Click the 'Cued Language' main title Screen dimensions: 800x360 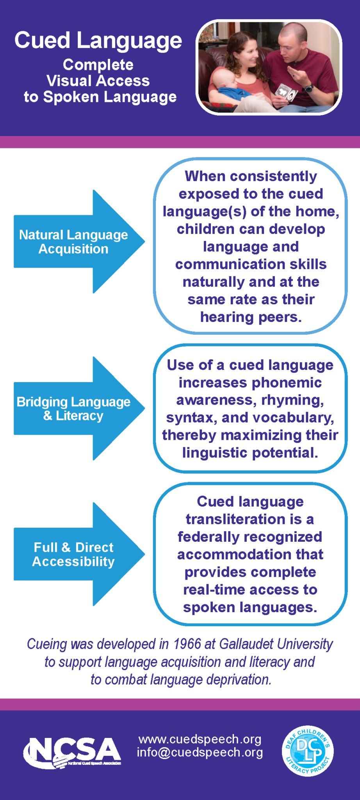pos(98,41)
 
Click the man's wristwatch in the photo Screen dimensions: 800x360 pos(309,88)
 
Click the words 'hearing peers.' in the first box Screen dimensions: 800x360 pos(251,317)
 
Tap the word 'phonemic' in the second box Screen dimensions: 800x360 pos(289,382)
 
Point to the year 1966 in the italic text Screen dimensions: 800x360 pos(187,644)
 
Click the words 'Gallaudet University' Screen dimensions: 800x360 pos(276,644)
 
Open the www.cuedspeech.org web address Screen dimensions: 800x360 pos(200,739)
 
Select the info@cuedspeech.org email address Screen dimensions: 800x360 pos(200,752)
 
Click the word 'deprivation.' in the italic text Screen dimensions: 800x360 pos(239,680)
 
